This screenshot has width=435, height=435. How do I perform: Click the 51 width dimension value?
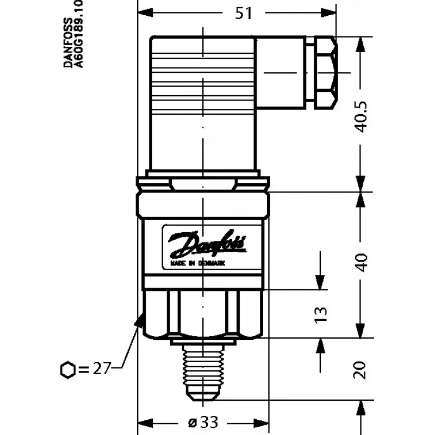point(244,13)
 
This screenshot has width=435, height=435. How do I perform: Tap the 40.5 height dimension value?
point(361,117)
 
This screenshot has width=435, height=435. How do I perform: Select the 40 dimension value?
point(361,263)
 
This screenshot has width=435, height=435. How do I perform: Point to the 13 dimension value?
point(321,315)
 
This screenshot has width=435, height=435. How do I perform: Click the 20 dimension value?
point(360,370)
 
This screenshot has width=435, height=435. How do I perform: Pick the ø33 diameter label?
point(203,422)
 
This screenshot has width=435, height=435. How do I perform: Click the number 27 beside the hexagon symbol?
point(102,369)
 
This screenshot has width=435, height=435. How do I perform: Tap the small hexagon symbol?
point(67,370)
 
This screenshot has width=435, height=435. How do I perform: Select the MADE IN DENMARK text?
point(197,263)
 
